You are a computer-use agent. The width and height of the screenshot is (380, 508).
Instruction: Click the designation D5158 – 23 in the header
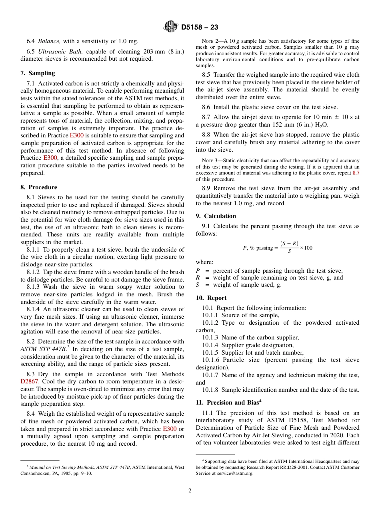click(x=200, y=28)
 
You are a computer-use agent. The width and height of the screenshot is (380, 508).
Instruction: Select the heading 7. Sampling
click(x=38, y=73)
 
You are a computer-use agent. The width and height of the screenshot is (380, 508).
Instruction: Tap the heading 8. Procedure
click(x=39, y=187)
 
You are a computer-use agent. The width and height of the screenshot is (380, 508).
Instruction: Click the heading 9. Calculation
click(x=216, y=216)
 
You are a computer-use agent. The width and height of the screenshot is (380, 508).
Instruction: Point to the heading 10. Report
click(x=211, y=298)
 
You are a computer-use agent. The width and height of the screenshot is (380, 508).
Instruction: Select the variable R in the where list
click(x=198, y=278)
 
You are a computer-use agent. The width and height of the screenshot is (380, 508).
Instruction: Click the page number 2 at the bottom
click(x=190, y=491)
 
